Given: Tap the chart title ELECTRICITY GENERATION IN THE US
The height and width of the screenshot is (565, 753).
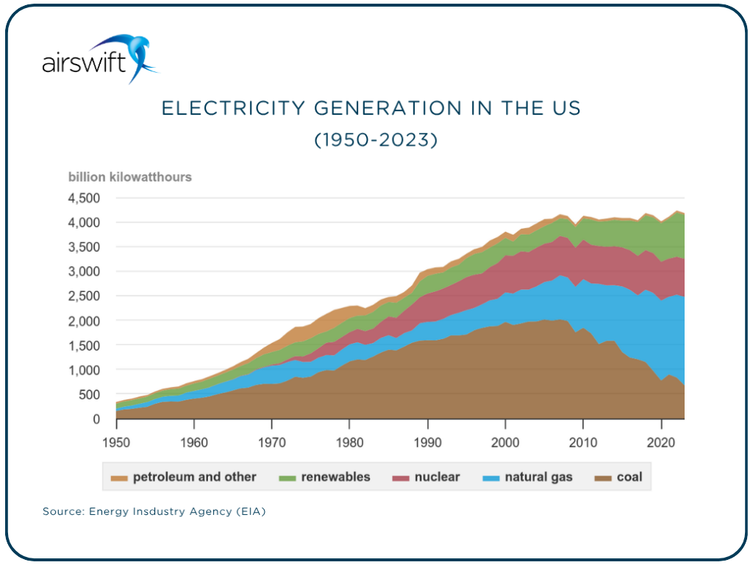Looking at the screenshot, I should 371,108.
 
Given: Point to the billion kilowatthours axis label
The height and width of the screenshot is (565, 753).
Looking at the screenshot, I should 130,177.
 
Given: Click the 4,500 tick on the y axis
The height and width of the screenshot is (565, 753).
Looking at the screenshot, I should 84,198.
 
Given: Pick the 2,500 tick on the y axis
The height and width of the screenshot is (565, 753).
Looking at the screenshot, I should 84,296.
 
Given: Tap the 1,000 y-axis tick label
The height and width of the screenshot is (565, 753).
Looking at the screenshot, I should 84,370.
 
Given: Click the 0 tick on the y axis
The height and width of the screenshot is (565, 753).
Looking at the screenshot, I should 96,419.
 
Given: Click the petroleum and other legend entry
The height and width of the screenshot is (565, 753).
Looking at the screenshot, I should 186,477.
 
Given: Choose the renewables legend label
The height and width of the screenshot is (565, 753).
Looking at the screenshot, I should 325,477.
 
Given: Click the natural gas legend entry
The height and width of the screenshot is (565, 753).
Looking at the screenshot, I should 529,477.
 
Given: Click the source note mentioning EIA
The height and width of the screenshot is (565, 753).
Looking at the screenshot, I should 154,511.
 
